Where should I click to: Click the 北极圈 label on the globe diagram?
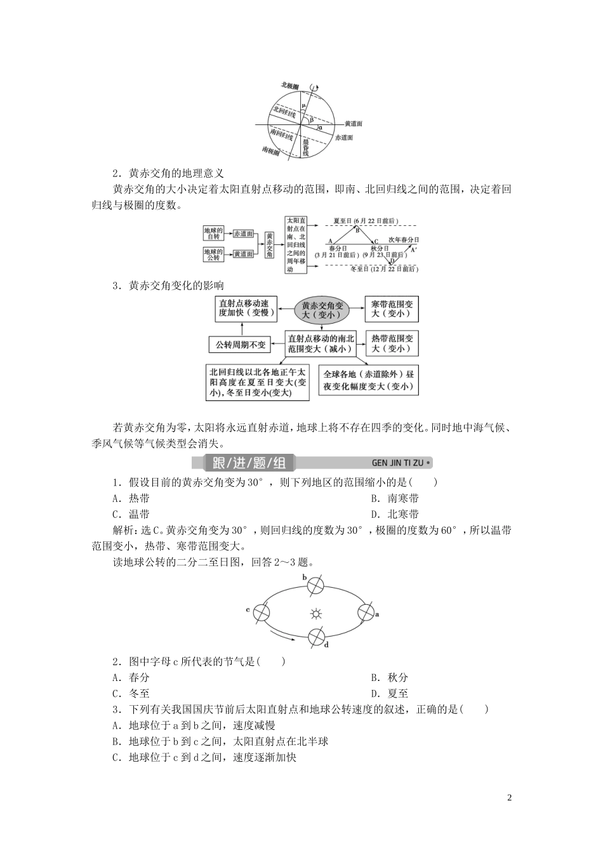tap(290, 85)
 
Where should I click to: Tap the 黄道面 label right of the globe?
tap(354, 124)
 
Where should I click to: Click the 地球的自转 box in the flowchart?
tap(213, 233)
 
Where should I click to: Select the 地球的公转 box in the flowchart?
tap(213, 255)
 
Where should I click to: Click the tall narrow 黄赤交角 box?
tap(270, 244)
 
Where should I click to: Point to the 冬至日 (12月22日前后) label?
tap(384, 269)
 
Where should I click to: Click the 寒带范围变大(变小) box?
tap(392, 309)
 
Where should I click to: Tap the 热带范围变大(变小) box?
tap(392, 343)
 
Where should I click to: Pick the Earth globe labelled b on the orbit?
tap(315, 586)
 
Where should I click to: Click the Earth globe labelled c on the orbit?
tap(262, 613)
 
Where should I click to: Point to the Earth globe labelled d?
tap(316, 637)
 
